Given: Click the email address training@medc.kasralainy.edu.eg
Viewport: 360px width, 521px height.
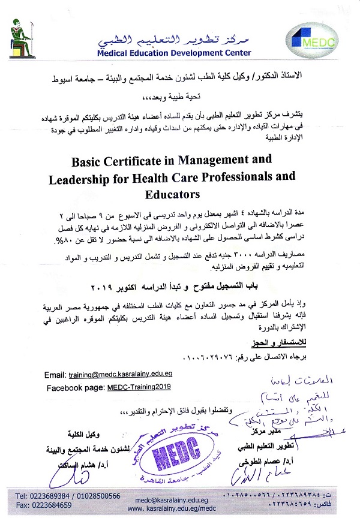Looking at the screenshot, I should click(129, 375).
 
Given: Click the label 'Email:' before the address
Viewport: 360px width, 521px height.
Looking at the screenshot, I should click(56, 375).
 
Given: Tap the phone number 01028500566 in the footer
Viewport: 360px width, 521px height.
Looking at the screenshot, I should click(98, 496).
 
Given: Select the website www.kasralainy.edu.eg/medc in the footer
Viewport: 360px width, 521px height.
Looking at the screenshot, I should click(175, 507).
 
